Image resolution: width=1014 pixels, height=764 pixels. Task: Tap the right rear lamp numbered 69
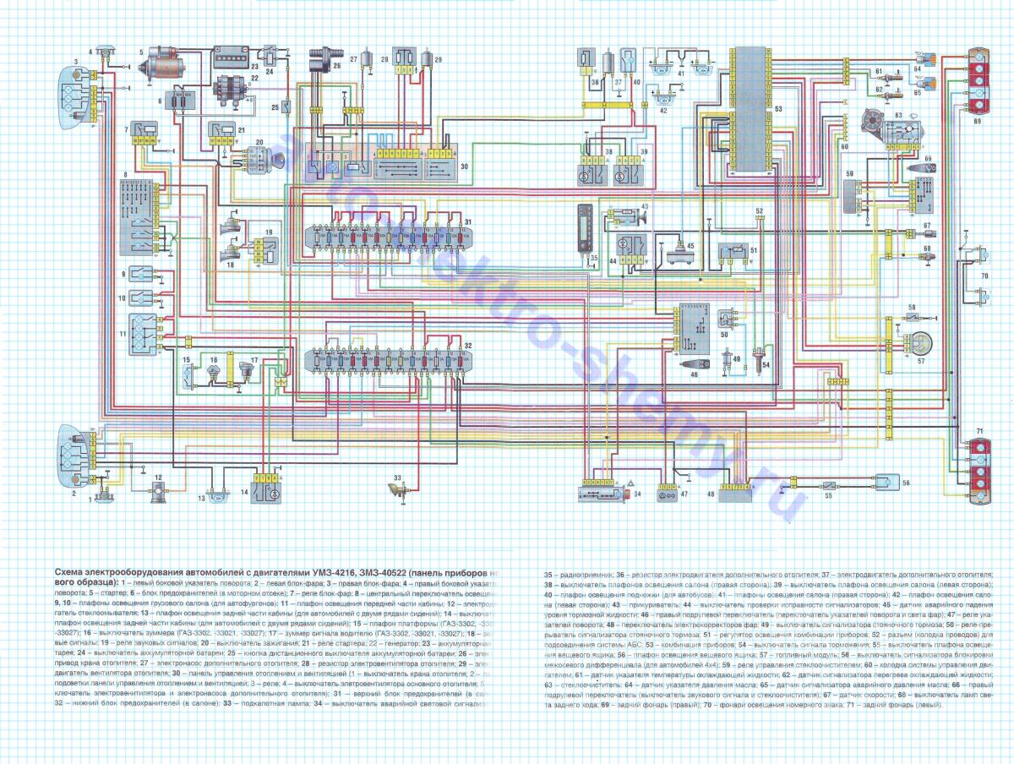pyautogui.click(x=978, y=81)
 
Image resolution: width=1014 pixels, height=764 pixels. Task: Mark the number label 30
pyautogui.click(x=463, y=167)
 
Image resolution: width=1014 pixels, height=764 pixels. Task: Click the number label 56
pyautogui.click(x=905, y=483)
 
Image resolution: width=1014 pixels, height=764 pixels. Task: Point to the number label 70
pyautogui.click(x=983, y=276)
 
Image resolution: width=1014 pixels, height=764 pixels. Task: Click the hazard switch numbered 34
pyautogui.click(x=601, y=494)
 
